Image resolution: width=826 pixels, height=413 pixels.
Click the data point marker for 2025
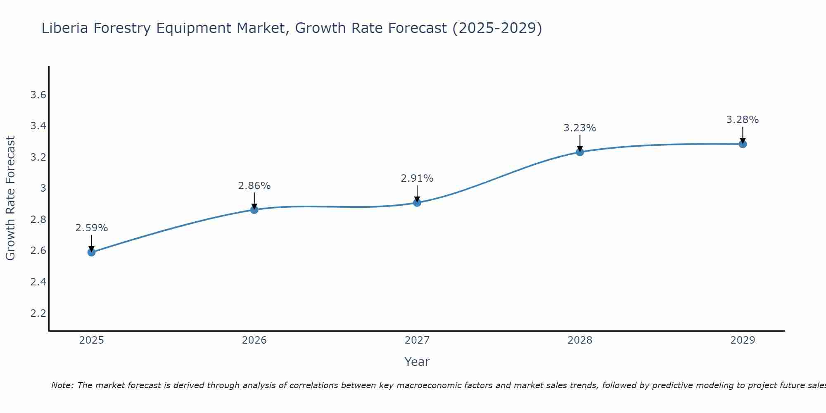click(x=92, y=252)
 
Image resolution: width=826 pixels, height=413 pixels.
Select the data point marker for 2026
click(x=254, y=210)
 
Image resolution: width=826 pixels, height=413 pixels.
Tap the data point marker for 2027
click(x=417, y=202)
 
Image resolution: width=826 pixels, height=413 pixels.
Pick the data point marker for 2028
click(x=580, y=152)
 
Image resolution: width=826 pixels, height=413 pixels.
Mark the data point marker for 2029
click(x=743, y=144)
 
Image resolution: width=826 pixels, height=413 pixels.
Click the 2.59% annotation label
click(x=92, y=228)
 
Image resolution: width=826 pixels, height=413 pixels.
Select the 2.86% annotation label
click(x=254, y=186)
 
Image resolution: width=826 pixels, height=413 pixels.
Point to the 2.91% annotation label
click(x=417, y=178)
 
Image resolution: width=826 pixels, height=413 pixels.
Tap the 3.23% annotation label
click(x=580, y=128)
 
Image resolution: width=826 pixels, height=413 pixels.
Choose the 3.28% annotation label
click(x=743, y=120)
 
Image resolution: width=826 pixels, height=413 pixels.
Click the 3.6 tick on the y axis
click(x=38, y=95)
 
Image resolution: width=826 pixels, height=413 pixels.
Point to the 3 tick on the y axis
click(x=43, y=188)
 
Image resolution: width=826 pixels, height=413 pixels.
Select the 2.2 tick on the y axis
click(x=38, y=313)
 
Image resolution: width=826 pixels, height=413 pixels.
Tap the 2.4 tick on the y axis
click(x=38, y=282)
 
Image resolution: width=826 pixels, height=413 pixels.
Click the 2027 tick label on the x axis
click(x=417, y=340)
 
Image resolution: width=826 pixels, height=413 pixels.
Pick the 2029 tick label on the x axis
click(x=743, y=340)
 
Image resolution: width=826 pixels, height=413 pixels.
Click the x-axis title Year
click(x=417, y=362)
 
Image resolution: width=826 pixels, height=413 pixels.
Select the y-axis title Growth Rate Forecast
click(x=11, y=198)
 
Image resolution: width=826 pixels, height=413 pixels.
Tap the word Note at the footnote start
click(x=62, y=385)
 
